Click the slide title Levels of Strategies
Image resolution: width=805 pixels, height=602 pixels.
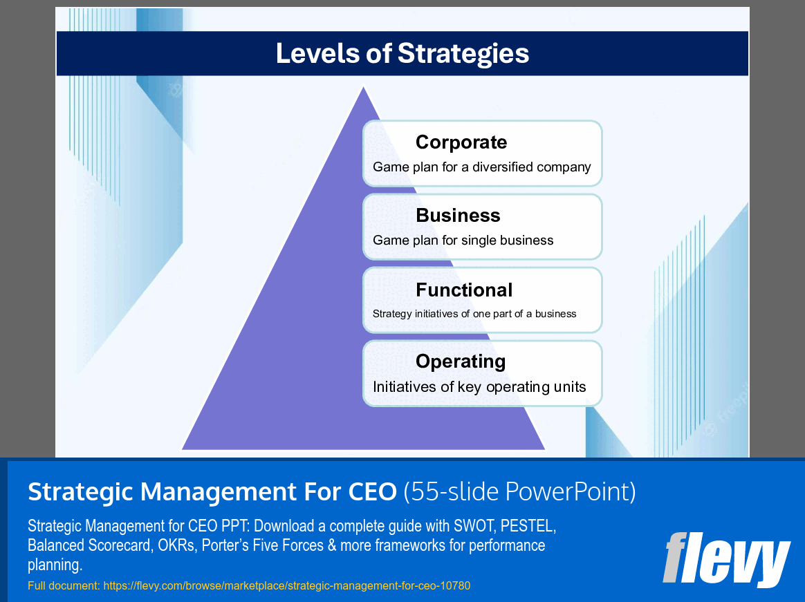[x=402, y=53]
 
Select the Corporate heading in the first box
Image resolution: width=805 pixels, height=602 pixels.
[x=461, y=142]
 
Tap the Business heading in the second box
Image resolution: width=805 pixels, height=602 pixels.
[x=458, y=216]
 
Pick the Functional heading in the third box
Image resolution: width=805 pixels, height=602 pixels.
[x=464, y=290]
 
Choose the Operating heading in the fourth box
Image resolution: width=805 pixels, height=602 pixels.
[x=461, y=361]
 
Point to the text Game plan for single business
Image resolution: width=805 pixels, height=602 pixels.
[x=463, y=241]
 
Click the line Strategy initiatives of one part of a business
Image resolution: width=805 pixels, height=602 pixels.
[x=474, y=314]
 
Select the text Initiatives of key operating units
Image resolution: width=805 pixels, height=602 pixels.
[x=479, y=387]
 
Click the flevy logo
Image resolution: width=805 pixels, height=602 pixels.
[x=726, y=558]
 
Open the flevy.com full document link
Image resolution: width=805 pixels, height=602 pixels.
[x=286, y=586]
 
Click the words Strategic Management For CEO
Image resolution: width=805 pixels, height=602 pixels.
[x=212, y=492]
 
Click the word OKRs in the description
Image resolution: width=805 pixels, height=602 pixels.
[x=175, y=545]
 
